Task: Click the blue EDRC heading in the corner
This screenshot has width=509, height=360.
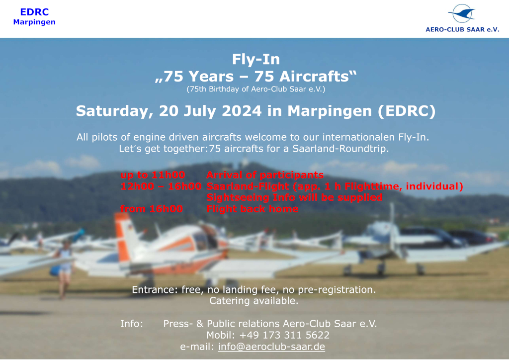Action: tap(34, 12)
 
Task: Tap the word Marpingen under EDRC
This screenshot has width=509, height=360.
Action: tap(34, 22)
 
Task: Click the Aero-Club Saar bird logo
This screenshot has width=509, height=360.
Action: tap(462, 13)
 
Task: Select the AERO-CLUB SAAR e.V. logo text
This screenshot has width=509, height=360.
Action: tap(462, 29)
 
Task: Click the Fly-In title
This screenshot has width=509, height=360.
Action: tap(256, 59)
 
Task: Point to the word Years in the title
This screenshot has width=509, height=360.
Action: tap(211, 77)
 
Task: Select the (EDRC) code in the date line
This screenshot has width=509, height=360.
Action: tap(407, 111)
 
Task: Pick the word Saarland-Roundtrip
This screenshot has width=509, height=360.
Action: tap(340, 149)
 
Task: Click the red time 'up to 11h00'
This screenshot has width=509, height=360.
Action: tap(153, 175)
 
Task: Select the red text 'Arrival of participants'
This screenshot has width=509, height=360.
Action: tap(265, 175)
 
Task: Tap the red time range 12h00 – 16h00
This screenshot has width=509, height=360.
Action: tap(161, 186)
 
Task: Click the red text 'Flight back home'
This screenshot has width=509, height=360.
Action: tap(252, 209)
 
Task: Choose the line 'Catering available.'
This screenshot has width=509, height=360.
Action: tap(254, 301)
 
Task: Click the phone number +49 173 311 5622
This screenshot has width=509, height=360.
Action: tap(284, 335)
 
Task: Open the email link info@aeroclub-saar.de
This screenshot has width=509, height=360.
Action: tap(271, 347)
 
